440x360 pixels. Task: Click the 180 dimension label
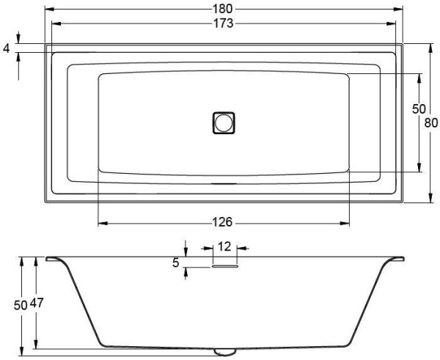pyautogui.click(x=224, y=9)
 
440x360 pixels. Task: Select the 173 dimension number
pyautogui.click(x=224, y=23)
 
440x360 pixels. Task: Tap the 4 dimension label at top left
pyautogui.click(x=7, y=48)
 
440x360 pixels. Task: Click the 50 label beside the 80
pyautogui.click(x=419, y=109)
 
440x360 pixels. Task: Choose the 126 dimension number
pyautogui.click(x=224, y=222)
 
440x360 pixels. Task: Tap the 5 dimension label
pyautogui.click(x=177, y=262)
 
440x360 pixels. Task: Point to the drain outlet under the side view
pyautogui.click(x=224, y=350)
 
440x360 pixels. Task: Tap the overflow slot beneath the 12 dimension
pyautogui.click(x=224, y=267)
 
